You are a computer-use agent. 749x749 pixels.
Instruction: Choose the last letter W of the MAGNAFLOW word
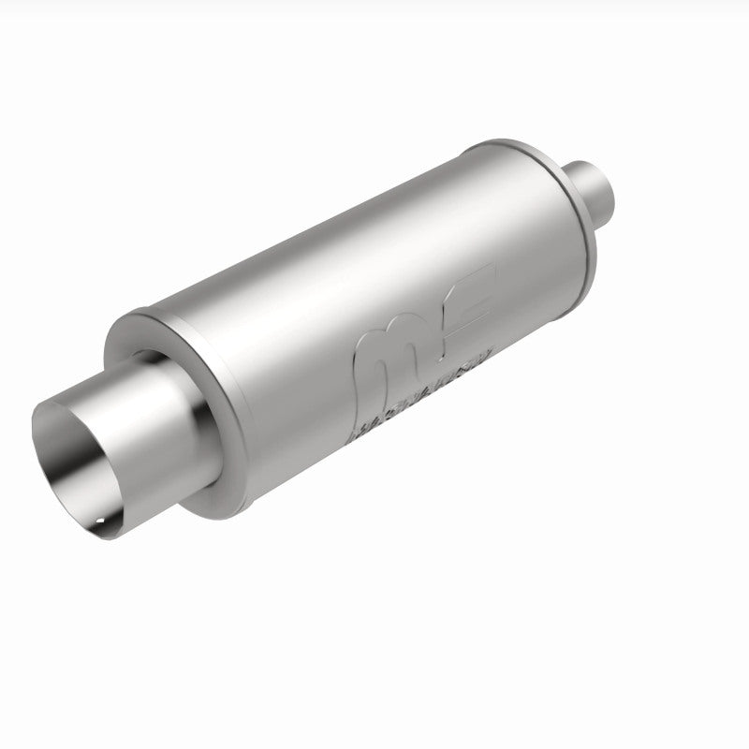(488, 354)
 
